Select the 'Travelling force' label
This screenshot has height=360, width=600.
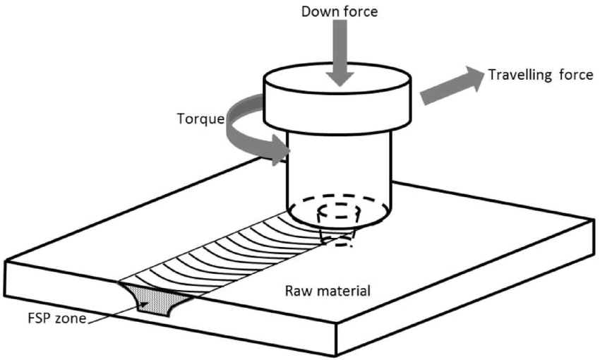pyautogui.click(x=541, y=74)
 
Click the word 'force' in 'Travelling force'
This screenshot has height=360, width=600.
pyautogui.click(x=575, y=74)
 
